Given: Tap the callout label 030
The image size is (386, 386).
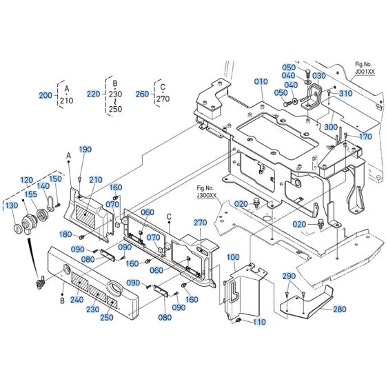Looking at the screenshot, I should pos(318,76).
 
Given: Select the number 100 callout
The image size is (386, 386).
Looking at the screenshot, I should pos(233,257).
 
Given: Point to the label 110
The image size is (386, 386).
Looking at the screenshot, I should pos(258,322).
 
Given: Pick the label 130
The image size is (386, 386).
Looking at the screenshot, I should pos(12,205).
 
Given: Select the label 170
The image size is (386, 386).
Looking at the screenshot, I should pos(365,136).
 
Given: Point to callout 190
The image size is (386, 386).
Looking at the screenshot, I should pos(85,150).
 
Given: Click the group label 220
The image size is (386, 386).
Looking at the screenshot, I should pos(93,94).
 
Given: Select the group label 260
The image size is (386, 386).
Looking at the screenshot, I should pos(141,94).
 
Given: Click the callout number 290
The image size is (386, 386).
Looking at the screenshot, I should pos(288,276).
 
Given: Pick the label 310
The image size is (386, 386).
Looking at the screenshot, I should pos(345,93).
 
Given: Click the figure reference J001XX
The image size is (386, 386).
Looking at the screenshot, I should pos(365,72).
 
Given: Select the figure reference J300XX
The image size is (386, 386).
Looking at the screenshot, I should pos(206,196).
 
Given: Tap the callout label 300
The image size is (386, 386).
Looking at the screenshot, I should pos(330,127).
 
